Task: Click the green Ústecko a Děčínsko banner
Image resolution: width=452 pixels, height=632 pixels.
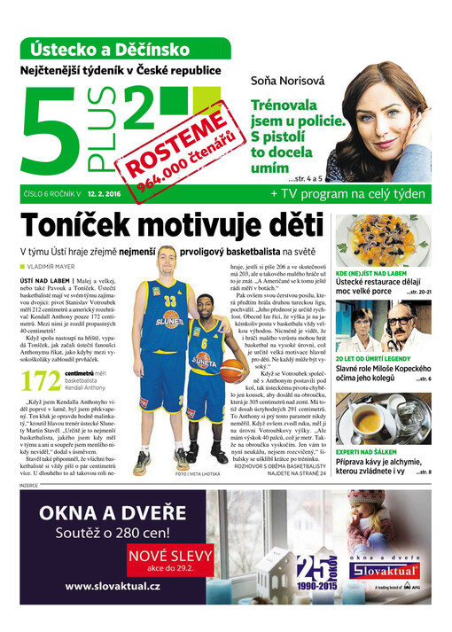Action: point(123,48)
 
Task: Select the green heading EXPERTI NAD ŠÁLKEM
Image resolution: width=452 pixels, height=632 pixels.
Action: point(370,451)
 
